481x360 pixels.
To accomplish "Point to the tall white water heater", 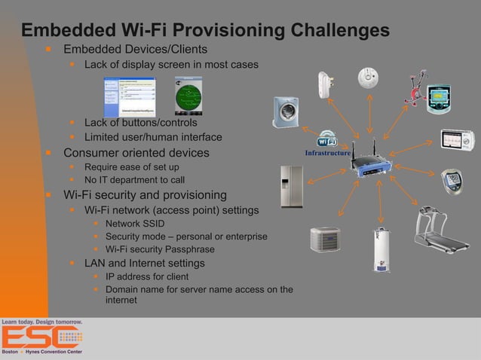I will [x=381, y=249].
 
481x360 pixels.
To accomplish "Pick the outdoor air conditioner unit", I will [x=325, y=239].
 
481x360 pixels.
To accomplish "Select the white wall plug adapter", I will [x=327, y=84].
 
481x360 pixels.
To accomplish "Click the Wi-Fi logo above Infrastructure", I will [x=327, y=139].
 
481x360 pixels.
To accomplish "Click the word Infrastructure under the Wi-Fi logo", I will [x=327, y=154].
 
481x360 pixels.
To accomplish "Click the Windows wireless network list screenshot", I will [x=130, y=96].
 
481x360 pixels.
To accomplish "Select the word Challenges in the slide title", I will [x=329, y=31].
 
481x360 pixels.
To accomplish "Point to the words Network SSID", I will [x=135, y=224].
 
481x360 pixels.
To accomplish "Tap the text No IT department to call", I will [x=134, y=180].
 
